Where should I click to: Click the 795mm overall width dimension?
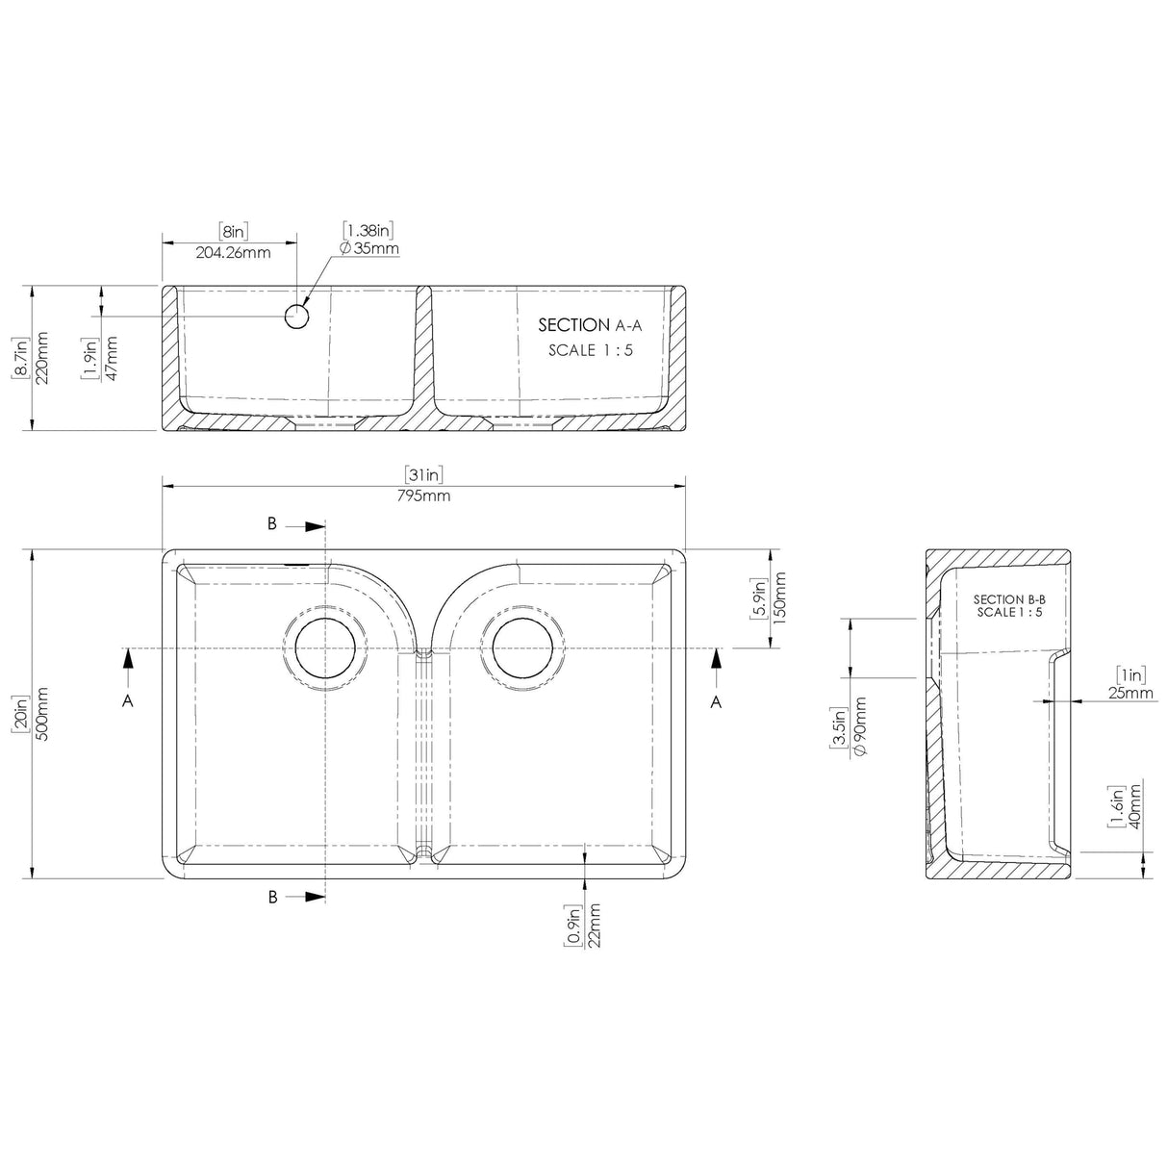tap(424, 496)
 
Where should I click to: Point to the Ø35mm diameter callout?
tap(369, 249)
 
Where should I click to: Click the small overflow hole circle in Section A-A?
tap(298, 317)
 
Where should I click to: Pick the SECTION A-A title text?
tap(585, 325)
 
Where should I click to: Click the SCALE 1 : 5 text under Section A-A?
tap(590, 350)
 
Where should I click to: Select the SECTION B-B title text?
tap(1009, 599)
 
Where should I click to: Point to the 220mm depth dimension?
tap(41, 358)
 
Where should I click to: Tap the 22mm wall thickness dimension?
tap(595, 927)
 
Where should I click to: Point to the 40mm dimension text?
tap(1135, 806)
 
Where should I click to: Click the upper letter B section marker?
tap(272, 523)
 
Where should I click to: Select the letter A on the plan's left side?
tap(127, 702)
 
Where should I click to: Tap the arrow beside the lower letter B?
tap(311, 896)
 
